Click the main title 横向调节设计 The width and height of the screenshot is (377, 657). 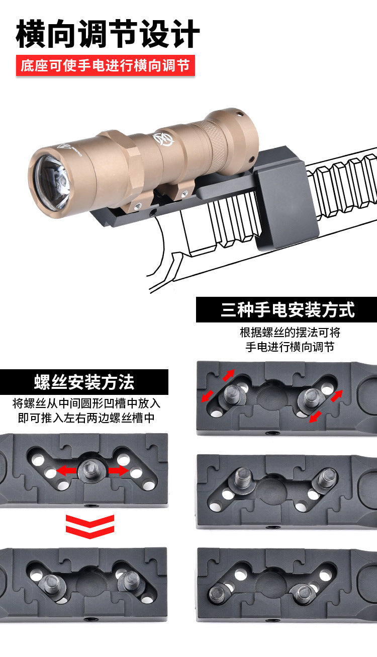(x=108, y=34)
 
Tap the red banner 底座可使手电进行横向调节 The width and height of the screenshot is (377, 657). (x=105, y=65)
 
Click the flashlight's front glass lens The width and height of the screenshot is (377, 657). (x=52, y=183)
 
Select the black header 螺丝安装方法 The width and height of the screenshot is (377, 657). (x=84, y=382)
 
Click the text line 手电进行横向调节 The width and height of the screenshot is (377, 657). (x=290, y=347)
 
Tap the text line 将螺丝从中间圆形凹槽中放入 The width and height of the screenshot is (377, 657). (x=86, y=403)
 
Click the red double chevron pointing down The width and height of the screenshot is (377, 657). (x=89, y=526)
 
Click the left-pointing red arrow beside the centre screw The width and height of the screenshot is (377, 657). (x=66, y=471)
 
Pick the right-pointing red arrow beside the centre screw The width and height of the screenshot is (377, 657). (x=119, y=471)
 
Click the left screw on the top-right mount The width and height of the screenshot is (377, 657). (x=233, y=394)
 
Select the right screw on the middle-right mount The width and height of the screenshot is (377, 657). (x=327, y=477)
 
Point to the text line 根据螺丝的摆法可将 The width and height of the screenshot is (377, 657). (x=290, y=333)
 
